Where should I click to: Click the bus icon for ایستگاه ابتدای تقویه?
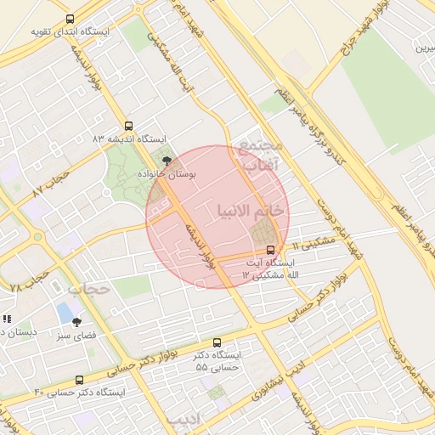click(70, 19)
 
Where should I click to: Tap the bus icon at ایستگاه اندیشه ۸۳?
click(128, 125)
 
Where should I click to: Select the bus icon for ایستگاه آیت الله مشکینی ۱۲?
click(270, 250)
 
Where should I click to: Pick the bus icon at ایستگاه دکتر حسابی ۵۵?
click(217, 342)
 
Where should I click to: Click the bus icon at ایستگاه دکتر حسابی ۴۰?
click(80, 380)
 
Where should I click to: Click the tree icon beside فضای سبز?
click(77, 322)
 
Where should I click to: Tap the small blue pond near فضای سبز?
click(65, 312)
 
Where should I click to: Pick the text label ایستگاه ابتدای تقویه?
click(71, 32)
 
